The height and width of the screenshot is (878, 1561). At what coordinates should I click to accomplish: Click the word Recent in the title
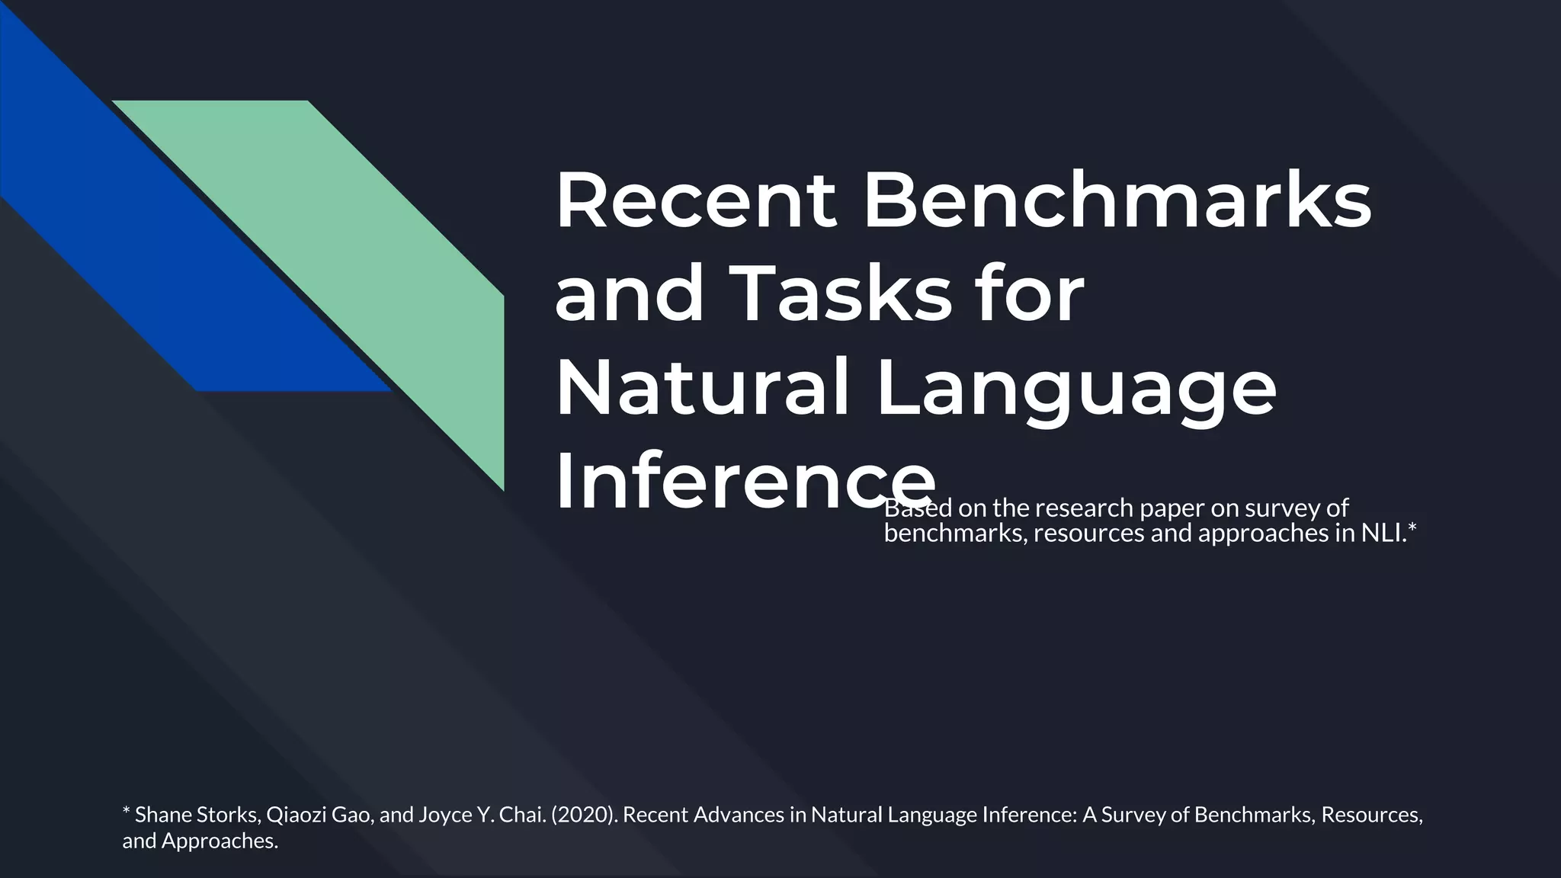[695, 200]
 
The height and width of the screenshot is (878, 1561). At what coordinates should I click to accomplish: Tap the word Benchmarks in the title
[1117, 200]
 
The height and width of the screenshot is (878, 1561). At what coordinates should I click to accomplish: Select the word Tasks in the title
[843, 295]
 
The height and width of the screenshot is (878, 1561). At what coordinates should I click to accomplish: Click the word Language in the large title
[1075, 389]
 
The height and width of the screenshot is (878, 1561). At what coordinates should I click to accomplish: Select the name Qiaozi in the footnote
[296, 815]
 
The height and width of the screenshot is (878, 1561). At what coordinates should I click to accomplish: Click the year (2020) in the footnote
[584, 815]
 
